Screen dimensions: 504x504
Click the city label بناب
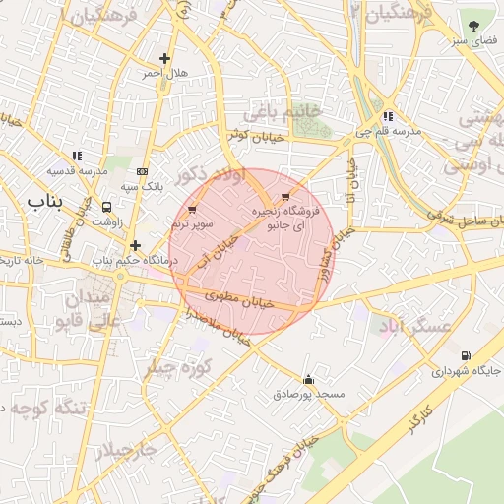point(43,202)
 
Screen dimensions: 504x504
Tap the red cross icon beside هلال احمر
point(164,58)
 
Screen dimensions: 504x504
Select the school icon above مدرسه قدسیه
point(77,156)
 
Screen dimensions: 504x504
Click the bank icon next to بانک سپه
point(144,171)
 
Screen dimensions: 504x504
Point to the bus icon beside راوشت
point(106,207)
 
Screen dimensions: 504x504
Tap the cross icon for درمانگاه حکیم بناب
point(135,245)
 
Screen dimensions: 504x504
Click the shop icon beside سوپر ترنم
point(192,209)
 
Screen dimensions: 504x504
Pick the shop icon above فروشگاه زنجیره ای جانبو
point(285,197)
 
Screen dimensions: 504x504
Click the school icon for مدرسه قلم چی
point(389,116)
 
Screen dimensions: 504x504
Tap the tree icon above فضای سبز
point(474,27)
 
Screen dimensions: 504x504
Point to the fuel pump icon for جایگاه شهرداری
point(465,356)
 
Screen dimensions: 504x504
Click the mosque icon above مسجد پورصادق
point(309,380)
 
